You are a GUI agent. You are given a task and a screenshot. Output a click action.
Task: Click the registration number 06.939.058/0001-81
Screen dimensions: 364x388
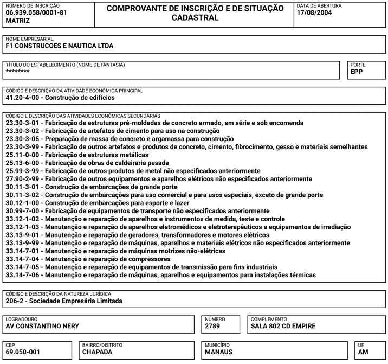(x=36, y=12)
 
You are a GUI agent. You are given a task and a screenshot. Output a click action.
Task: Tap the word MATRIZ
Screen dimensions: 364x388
(x=18, y=20)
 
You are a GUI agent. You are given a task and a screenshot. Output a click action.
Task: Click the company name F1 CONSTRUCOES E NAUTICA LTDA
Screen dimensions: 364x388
(x=60, y=46)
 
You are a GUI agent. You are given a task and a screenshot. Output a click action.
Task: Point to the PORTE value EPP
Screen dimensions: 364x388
(x=357, y=71)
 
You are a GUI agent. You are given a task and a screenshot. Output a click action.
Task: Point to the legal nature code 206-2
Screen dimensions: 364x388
(x=15, y=301)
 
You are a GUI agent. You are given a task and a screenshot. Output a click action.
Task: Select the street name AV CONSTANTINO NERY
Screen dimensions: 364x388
(x=42, y=326)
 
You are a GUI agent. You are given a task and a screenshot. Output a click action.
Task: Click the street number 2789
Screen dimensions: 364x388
(x=213, y=326)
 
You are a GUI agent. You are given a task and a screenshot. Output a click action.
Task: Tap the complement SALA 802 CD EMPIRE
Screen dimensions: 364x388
(x=283, y=326)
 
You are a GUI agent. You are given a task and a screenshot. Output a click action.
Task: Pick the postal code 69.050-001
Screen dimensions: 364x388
(x=23, y=352)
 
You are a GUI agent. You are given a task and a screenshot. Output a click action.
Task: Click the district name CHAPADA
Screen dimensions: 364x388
(x=97, y=352)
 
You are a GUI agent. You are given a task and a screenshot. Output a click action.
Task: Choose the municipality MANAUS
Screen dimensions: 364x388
(x=219, y=352)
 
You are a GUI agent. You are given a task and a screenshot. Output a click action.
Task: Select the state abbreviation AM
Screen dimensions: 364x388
(x=364, y=352)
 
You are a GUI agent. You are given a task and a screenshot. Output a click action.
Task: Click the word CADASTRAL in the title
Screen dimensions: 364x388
(x=195, y=17)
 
